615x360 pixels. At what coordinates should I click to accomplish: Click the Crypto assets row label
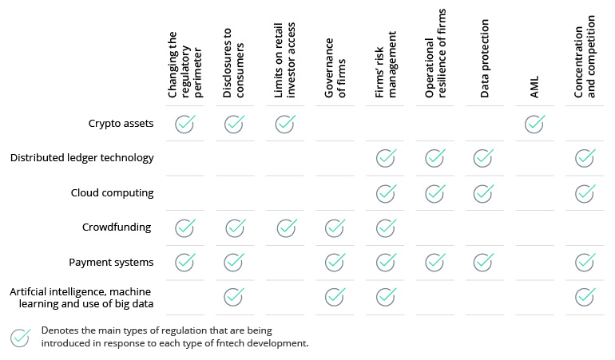tap(120, 124)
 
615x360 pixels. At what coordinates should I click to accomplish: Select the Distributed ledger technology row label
tap(81, 158)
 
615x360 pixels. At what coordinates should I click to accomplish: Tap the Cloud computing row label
tap(112, 192)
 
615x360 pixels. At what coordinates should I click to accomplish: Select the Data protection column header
tap(485, 60)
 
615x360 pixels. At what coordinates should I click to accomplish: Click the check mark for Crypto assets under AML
tap(535, 124)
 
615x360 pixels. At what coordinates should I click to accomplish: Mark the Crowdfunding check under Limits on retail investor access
tap(286, 227)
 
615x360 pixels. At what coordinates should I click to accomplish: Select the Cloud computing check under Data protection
tap(485, 193)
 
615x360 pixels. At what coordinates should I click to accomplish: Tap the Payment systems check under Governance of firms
tap(335, 262)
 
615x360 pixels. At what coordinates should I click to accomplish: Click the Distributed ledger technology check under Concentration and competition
tap(585, 158)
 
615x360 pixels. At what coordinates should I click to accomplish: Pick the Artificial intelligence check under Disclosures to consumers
tap(234, 296)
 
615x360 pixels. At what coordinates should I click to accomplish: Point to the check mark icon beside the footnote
tap(21, 337)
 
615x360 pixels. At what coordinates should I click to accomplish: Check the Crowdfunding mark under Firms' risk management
tap(386, 227)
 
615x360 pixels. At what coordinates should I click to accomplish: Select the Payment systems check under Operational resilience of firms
tap(435, 262)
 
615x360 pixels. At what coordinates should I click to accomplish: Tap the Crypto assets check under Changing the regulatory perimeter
tap(185, 124)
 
